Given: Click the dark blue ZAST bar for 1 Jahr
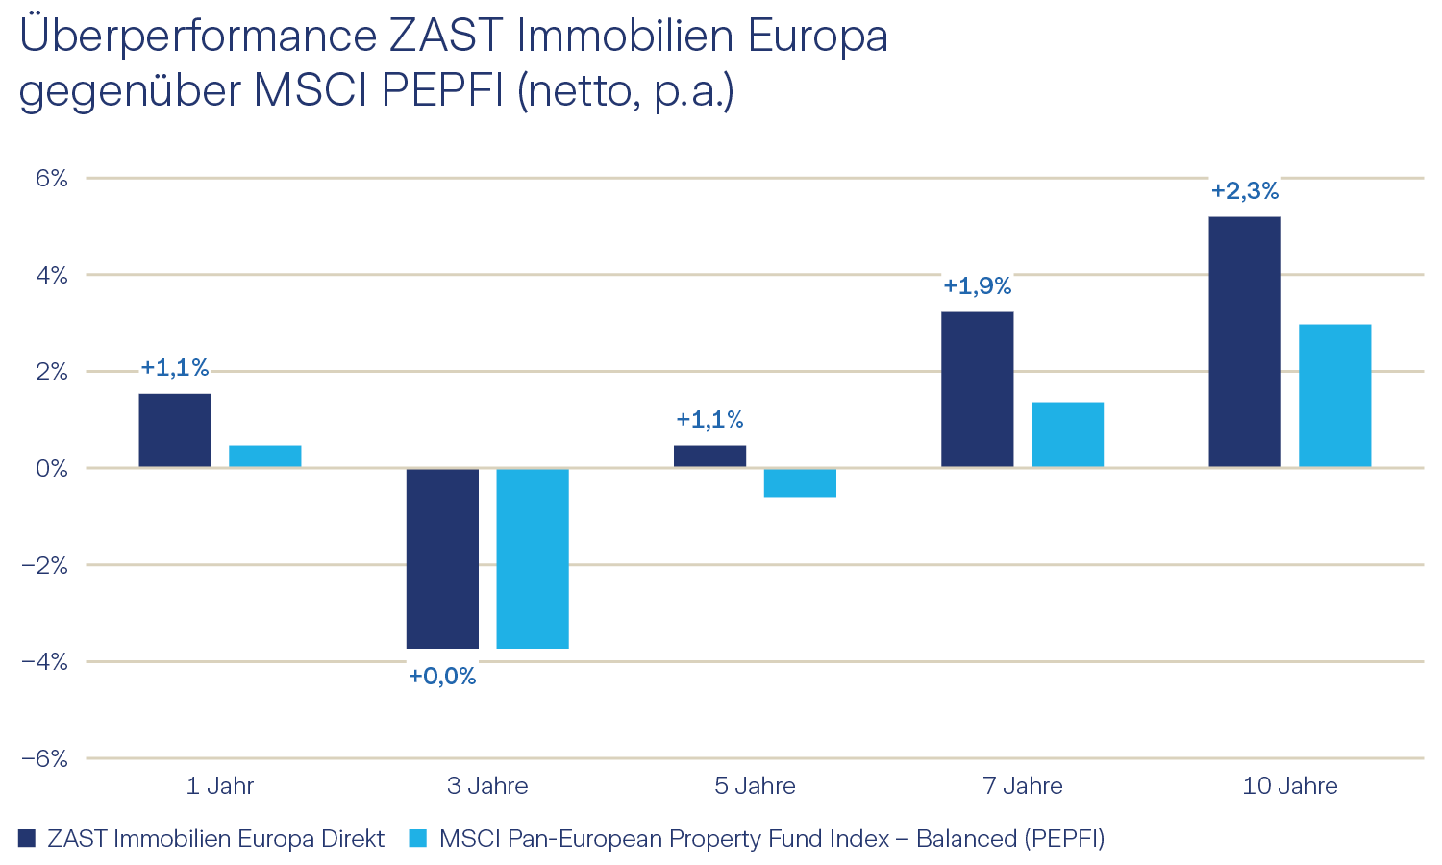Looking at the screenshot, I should coord(175,431).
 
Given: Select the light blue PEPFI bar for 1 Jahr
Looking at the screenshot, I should coord(265,457).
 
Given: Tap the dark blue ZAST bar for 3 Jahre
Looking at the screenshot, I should coord(442,558).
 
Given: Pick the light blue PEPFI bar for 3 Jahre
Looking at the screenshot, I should coord(533,558).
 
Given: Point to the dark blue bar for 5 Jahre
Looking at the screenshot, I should coord(709,457).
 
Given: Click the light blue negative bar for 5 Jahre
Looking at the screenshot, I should coord(800,482).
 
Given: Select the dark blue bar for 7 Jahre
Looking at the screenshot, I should coord(977,389).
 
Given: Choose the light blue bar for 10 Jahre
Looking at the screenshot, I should coord(1334,396).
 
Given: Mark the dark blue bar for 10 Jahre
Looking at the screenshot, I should coord(1245,342).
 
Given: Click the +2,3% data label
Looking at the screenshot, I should coord(1245,191).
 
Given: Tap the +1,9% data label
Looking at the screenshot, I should coord(977,286).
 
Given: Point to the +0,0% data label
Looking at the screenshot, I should coord(442,677).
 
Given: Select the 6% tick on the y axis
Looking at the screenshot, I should coord(52,178).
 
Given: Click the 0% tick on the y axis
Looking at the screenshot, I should coord(52,468).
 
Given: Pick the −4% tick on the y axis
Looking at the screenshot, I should coord(45,661).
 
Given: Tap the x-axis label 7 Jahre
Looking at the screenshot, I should coord(1023,786).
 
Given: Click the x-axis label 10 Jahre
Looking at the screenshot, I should coord(1290,786).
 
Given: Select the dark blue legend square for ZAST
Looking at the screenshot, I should coord(27,838).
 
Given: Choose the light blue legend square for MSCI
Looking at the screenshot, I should coord(417,838).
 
